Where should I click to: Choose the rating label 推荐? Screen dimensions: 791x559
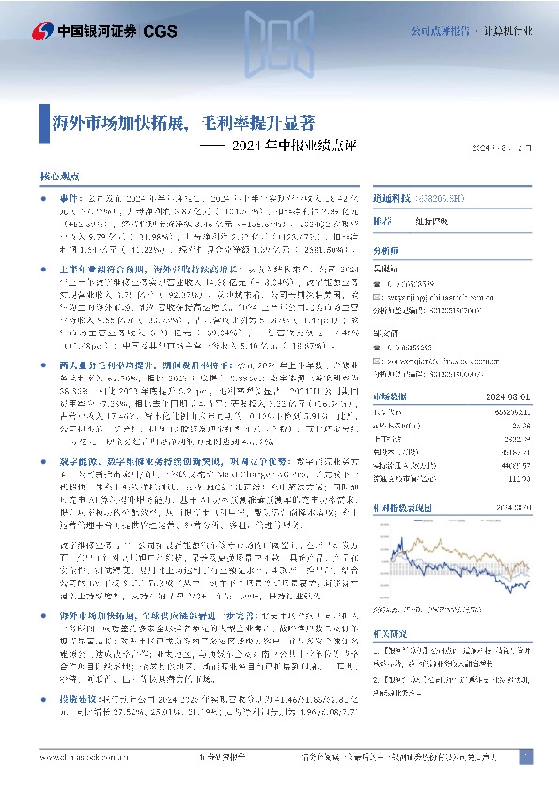382,223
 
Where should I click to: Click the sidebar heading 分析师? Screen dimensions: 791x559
387,252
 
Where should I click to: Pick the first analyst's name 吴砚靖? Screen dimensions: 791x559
387,269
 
